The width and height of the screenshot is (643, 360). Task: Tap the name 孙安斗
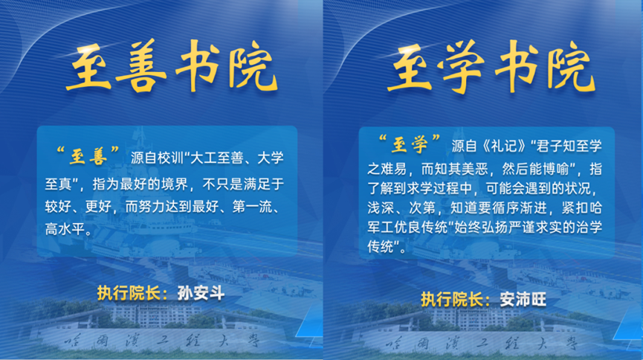pyautogui.click(x=201, y=293)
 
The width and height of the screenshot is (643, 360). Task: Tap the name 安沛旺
pyautogui.click(x=523, y=299)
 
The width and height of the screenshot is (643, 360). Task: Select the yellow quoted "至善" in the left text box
pyautogui.click(x=88, y=155)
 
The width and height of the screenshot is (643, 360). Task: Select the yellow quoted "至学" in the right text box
pyautogui.click(x=410, y=144)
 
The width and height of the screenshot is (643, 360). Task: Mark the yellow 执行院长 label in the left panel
pyautogui.click(x=129, y=293)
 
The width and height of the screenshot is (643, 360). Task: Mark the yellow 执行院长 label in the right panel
pyautogui.click(x=451, y=299)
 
